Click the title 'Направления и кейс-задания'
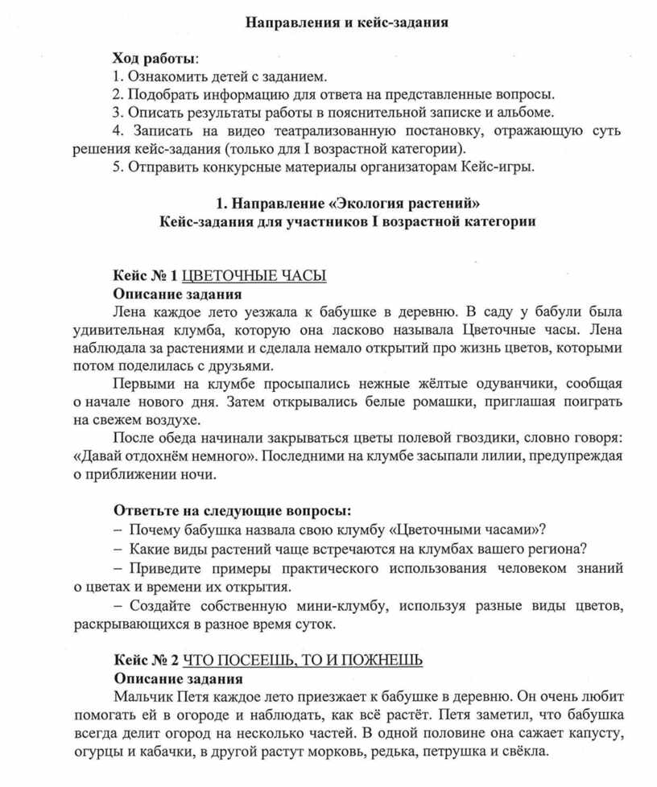tap(346, 23)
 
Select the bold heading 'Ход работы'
tap(153, 59)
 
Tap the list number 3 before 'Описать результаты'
tap(117, 112)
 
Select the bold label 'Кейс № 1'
tap(144, 275)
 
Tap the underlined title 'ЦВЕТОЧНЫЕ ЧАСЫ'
tap(254, 275)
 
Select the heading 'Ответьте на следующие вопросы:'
tap(232, 511)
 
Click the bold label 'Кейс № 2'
tap(145, 660)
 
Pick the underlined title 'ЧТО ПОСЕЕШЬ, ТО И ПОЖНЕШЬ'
tap(303, 660)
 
